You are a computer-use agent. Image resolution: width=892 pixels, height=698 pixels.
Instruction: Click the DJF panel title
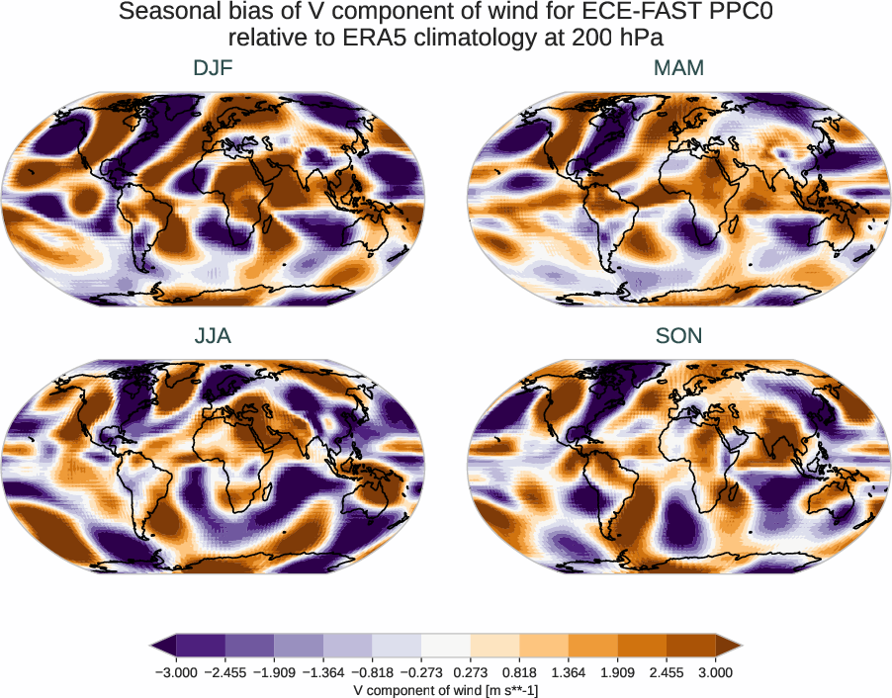(x=213, y=68)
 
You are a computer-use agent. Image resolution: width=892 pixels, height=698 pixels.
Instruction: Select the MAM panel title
(x=678, y=68)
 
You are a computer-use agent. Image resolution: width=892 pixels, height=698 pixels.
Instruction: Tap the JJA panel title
(x=213, y=336)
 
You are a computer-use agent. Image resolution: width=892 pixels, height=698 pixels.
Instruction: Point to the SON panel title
(x=678, y=336)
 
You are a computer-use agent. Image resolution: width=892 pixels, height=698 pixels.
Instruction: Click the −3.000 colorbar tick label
(x=175, y=672)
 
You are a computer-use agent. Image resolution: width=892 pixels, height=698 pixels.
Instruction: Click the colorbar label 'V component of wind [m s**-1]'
(x=445, y=690)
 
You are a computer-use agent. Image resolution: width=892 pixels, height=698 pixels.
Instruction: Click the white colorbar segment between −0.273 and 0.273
(x=445, y=646)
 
